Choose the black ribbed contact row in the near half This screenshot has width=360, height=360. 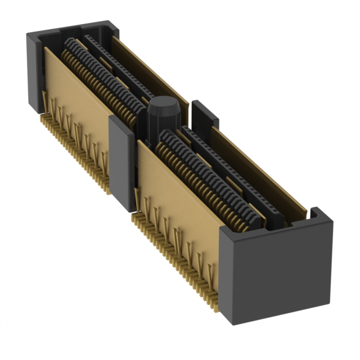pos(208,180)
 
